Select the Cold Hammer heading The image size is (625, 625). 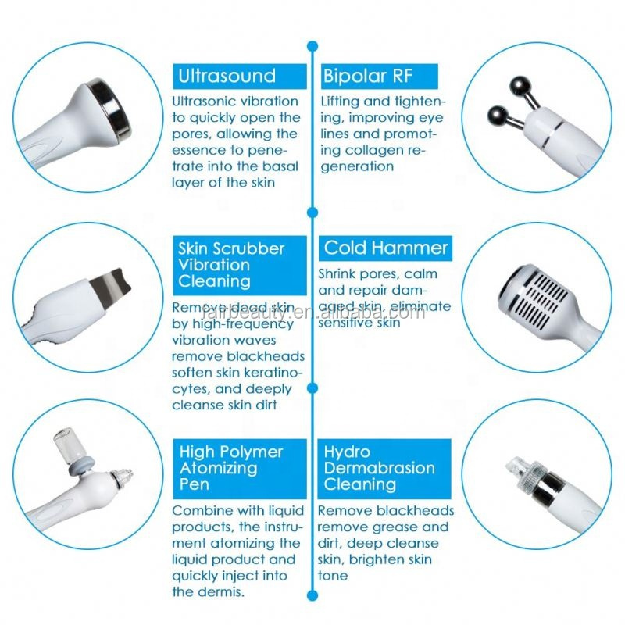tap(385, 248)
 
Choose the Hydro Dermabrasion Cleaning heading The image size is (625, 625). tap(384, 468)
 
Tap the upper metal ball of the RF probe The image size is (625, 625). tap(517, 84)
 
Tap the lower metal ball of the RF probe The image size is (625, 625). tap(498, 115)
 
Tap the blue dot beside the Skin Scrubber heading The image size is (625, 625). tap(312, 212)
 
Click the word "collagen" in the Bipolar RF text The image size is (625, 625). tap(378, 149)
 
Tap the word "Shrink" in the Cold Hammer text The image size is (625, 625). tap(340, 274)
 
